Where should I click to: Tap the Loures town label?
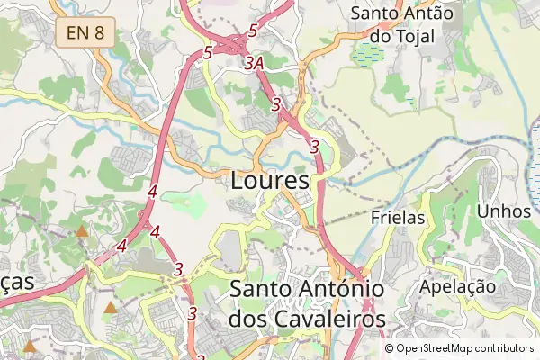pyautogui.click(x=270, y=180)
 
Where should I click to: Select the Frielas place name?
pyautogui.click(x=397, y=217)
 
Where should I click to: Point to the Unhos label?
pyautogui.click(x=504, y=210)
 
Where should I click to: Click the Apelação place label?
pyautogui.click(x=458, y=286)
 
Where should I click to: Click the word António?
pyautogui.click(x=338, y=290)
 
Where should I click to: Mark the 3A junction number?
pyautogui.click(x=254, y=63)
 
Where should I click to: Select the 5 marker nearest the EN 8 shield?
pyautogui.click(x=208, y=53)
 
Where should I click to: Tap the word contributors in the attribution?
pyautogui.click(x=506, y=348)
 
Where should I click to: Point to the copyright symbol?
pyautogui.click(x=390, y=348)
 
